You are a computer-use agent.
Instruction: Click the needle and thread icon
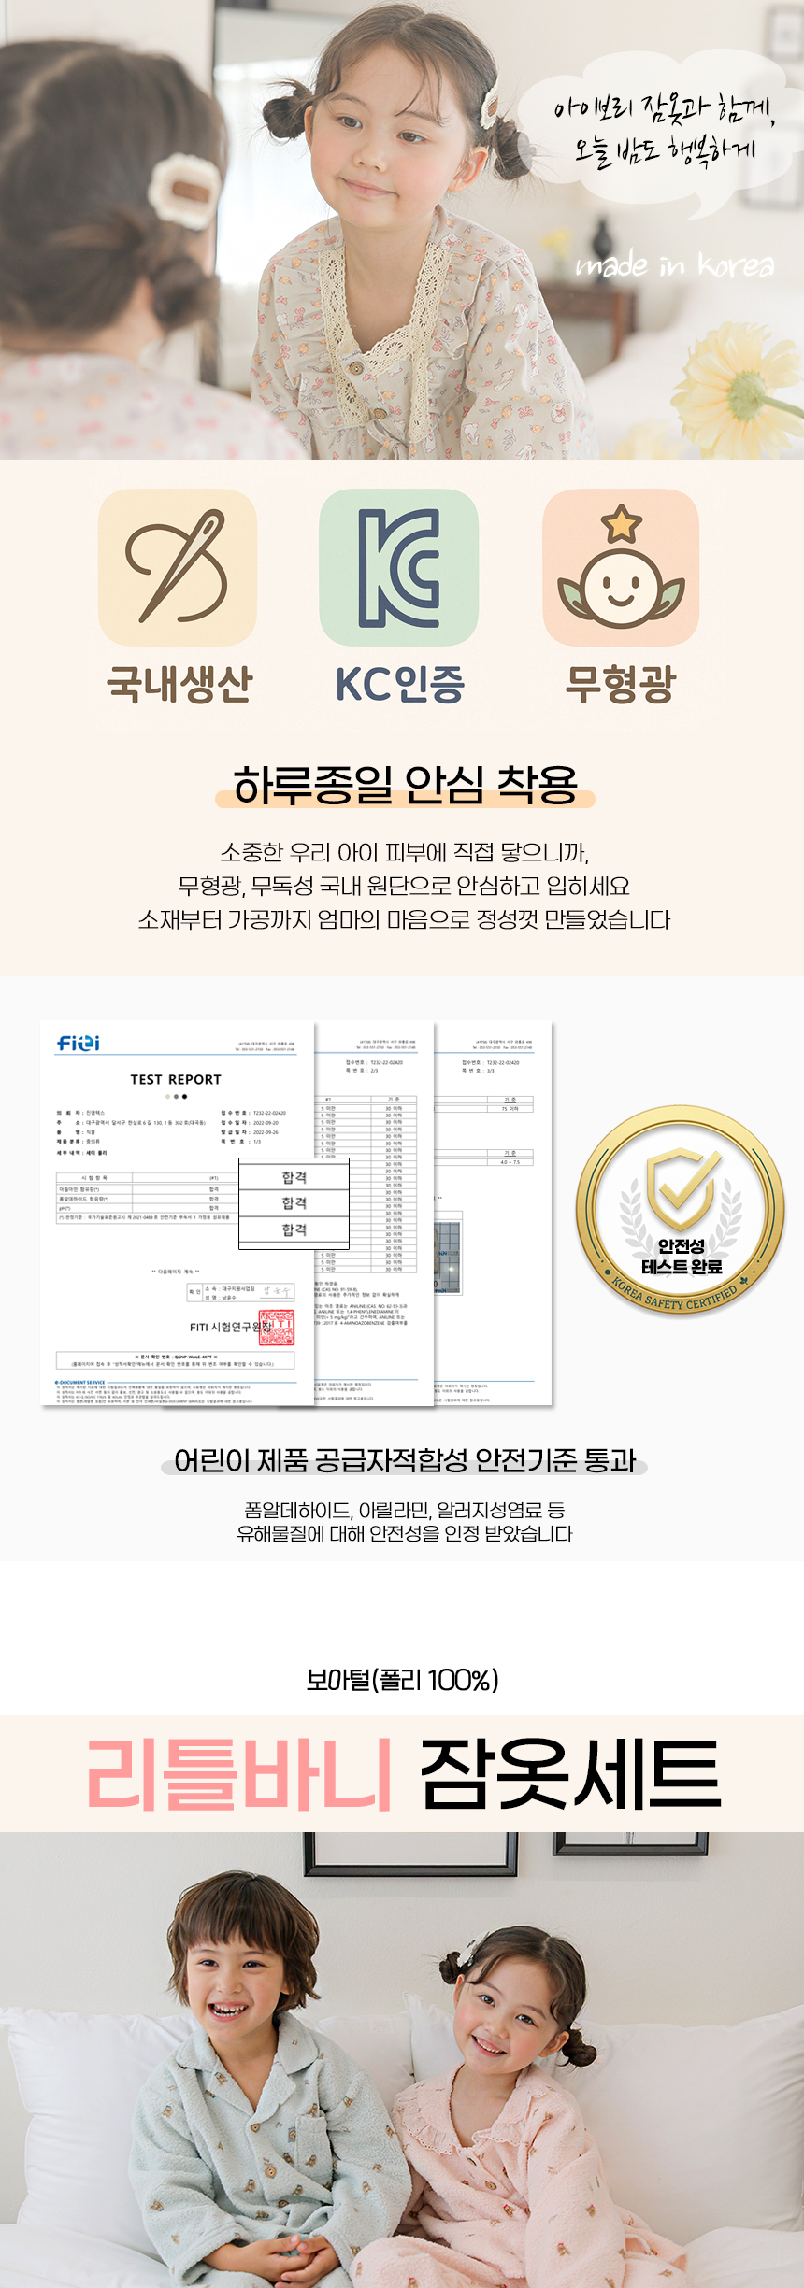(x=178, y=567)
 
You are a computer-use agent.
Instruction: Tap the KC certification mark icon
(x=399, y=567)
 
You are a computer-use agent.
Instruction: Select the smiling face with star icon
(x=621, y=568)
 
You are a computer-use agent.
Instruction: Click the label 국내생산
(x=179, y=684)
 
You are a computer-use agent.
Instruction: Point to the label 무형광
(x=620, y=684)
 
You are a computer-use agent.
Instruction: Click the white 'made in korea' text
(x=674, y=266)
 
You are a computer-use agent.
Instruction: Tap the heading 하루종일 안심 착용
(x=405, y=785)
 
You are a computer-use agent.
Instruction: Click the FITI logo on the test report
(x=79, y=1043)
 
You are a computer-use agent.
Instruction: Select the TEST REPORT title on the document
(x=176, y=1080)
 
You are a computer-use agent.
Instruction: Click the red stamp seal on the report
(x=277, y=1328)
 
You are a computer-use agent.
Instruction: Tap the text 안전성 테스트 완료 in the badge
(x=682, y=1257)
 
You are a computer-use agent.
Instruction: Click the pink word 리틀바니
(x=239, y=1773)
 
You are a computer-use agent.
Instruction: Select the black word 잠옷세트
(x=570, y=1773)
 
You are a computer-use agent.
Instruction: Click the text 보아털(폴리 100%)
(x=403, y=1681)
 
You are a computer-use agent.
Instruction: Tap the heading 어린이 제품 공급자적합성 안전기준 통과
(x=405, y=1460)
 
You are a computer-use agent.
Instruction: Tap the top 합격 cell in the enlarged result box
(x=294, y=1177)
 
